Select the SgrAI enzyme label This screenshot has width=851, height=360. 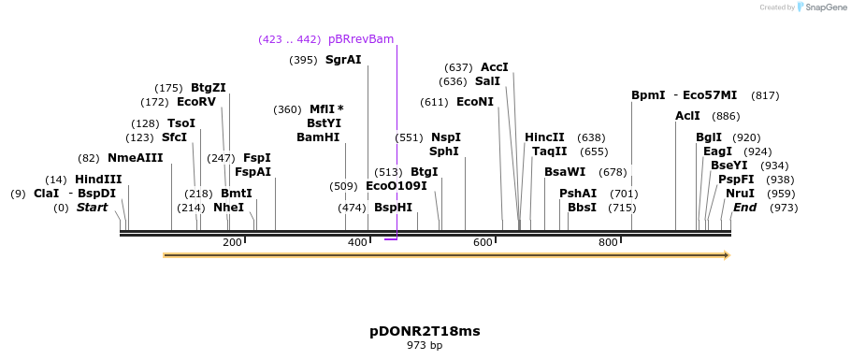343,60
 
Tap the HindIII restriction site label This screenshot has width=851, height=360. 98,180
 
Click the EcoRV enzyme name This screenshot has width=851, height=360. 196,102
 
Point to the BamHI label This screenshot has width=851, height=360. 318,137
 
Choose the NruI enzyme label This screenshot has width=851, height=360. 740,194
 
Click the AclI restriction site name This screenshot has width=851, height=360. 687,116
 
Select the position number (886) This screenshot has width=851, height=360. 726,116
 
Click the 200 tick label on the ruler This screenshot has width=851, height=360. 232,243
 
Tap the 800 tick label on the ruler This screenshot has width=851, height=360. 608,243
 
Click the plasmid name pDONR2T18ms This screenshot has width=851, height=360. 425,331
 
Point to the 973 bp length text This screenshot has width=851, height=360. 425,346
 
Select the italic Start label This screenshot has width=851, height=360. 93,208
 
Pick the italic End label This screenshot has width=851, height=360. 744,208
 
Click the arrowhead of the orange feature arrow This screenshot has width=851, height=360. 726,255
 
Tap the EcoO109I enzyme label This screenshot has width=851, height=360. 397,186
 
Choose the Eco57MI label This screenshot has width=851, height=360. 710,95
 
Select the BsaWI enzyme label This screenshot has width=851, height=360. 565,172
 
